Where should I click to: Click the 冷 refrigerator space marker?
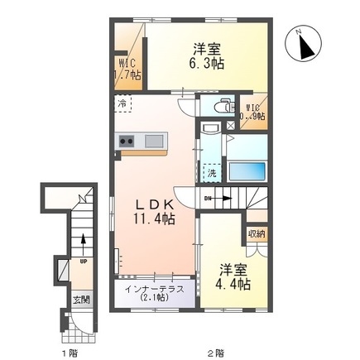click(x=122, y=104)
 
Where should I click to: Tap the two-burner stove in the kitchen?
click(x=127, y=142)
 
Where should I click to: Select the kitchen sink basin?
click(x=154, y=142)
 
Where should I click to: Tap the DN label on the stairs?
click(x=208, y=198)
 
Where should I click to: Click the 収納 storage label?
click(x=255, y=234)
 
